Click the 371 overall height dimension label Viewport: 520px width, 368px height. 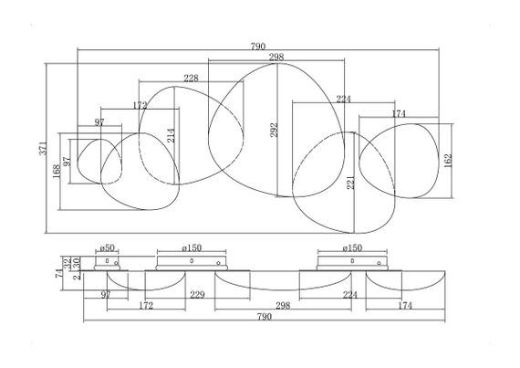[x=44, y=148]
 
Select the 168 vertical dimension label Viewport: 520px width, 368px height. [x=57, y=172]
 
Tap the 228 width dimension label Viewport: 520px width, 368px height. [x=191, y=79]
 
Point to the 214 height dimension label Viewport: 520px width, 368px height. [x=172, y=135]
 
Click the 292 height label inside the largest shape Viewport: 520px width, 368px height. [x=274, y=130]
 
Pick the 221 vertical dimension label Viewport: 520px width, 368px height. [x=350, y=183]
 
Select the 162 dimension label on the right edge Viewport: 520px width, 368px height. [x=448, y=161]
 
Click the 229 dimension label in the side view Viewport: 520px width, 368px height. [x=197, y=295]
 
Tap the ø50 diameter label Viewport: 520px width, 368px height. [x=107, y=247]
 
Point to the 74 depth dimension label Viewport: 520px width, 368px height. [x=59, y=273]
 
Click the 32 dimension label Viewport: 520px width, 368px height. [x=68, y=264]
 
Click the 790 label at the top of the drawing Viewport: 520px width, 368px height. [x=258, y=47]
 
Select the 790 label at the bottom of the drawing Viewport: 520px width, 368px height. [x=265, y=317]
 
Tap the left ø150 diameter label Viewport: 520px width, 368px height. [x=192, y=247]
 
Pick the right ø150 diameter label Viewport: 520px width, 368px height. [x=352, y=247]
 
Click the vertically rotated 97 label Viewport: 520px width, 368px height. [x=67, y=162]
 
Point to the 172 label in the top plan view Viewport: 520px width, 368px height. [x=140, y=106]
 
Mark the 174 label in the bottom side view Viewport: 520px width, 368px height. [x=405, y=305]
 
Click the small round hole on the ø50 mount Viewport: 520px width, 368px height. [x=116, y=263]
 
